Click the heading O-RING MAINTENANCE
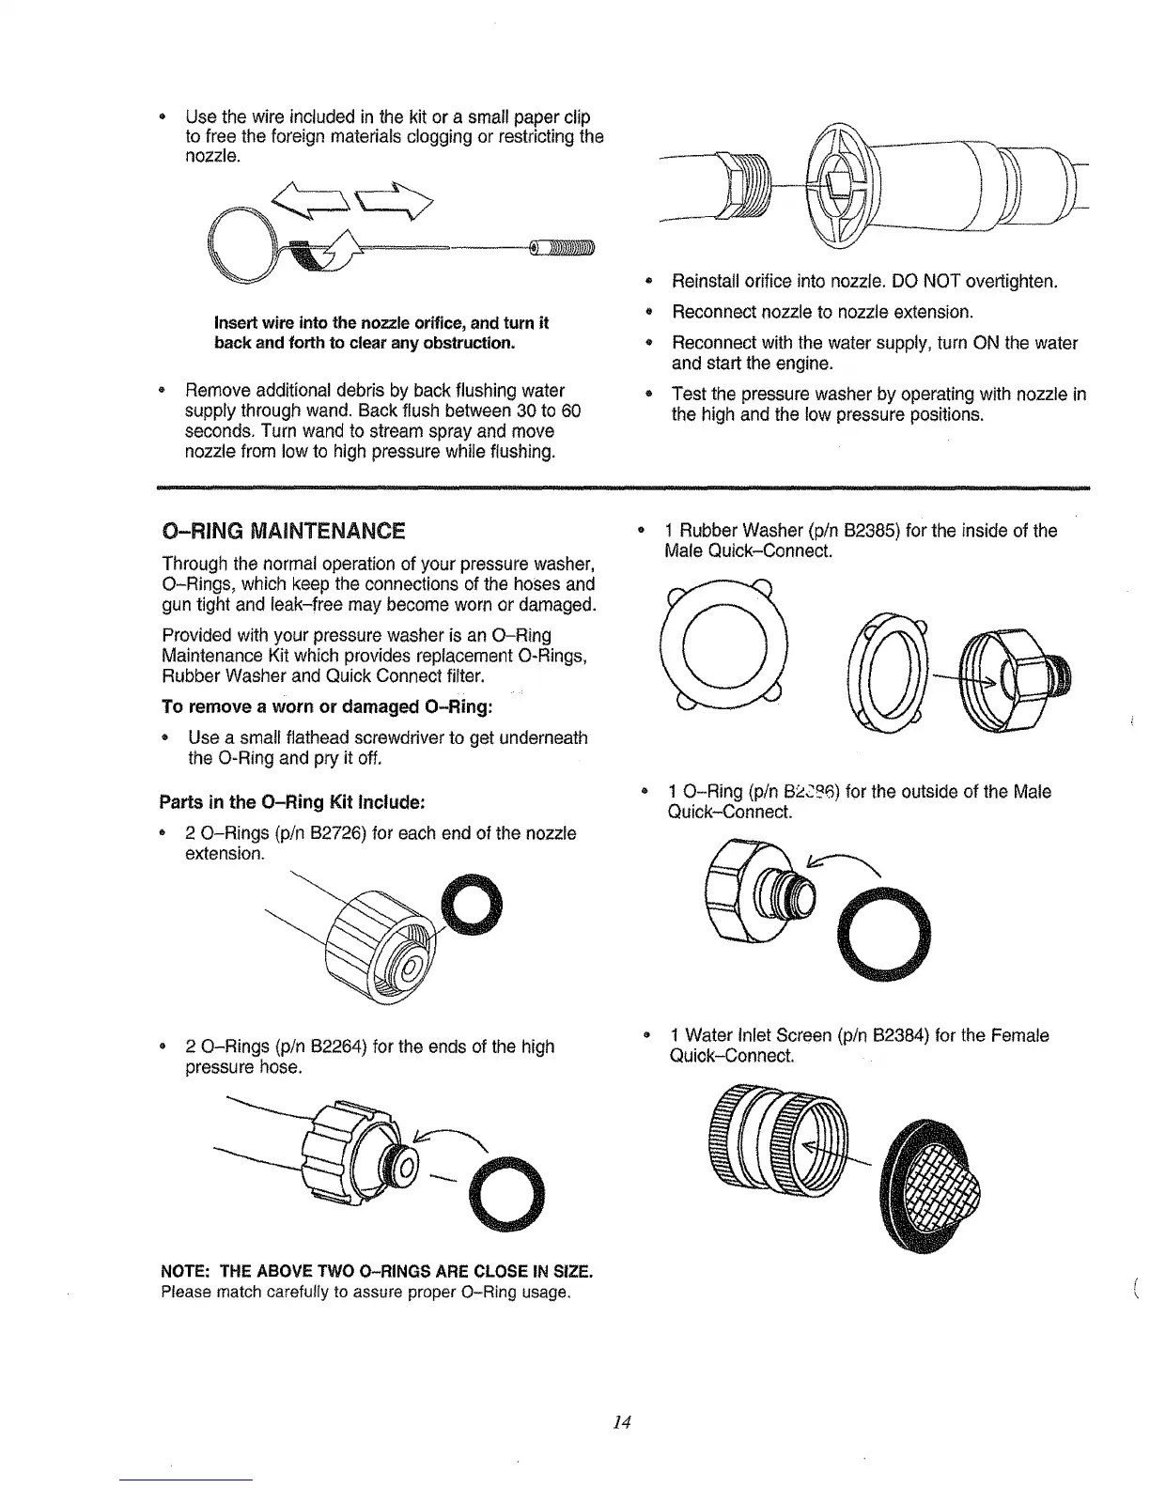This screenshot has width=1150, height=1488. tap(284, 531)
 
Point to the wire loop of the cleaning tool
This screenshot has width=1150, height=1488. tap(242, 243)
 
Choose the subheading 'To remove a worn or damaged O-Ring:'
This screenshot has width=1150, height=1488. tap(328, 705)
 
